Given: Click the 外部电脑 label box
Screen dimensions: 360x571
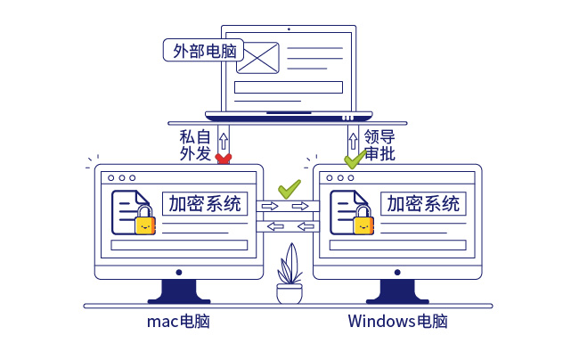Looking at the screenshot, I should tap(202, 50).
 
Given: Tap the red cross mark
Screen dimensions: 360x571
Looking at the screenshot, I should tap(224, 159).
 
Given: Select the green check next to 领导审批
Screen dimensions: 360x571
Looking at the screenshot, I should tap(355, 160).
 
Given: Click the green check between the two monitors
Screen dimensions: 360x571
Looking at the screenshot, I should tap(289, 189).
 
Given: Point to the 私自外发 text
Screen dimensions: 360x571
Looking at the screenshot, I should tap(195, 145).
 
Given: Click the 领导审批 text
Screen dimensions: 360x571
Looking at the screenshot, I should tap(379, 145).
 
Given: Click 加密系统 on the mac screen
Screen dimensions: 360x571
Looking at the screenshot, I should tap(201, 204).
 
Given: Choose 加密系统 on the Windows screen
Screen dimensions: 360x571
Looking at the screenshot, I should tap(423, 204).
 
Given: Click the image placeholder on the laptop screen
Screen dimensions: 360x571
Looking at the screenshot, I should tap(258, 59).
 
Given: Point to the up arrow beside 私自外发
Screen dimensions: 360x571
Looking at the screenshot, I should tap(224, 138).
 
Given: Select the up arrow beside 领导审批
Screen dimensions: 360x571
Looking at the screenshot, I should tap(353, 138).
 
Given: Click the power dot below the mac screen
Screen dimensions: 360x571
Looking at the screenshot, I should tap(178, 272).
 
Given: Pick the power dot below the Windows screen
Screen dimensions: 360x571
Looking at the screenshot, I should tap(397, 272).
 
